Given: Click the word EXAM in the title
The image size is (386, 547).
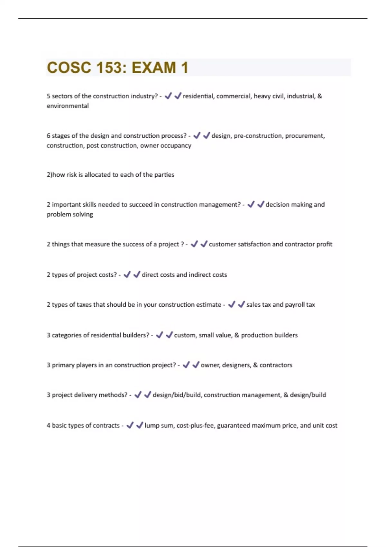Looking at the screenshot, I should pyautogui.click(x=154, y=68).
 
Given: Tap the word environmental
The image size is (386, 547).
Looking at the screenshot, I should pyautogui.click(x=68, y=106).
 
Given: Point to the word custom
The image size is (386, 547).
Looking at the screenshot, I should pyautogui.click(x=184, y=335).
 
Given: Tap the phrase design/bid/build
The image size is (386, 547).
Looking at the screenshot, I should pyautogui.click(x=177, y=395).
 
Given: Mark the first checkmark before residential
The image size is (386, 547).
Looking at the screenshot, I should pyautogui.click(x=168, y=96).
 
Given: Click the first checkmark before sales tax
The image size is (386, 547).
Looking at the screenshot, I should pyautogui.click(x=231, y=304).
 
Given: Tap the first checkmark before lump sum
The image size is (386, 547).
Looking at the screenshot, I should pyautogui.click(x=130, y=425).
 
